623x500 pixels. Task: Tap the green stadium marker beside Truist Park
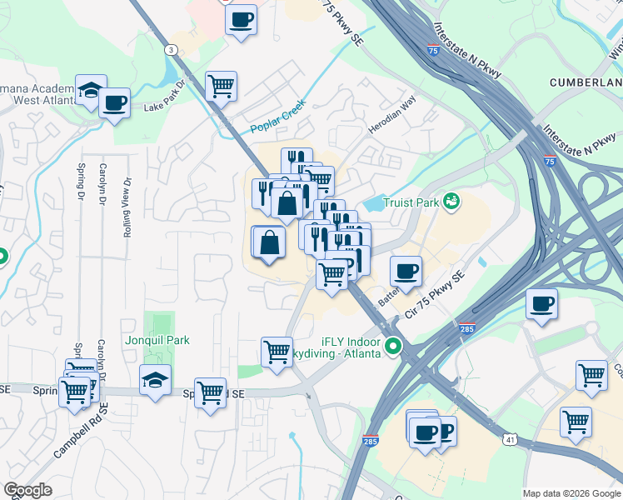(451, 200)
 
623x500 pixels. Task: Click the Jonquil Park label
(157, 340)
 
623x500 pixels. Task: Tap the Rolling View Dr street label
(127, 207)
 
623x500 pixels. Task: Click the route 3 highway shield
(171, 50)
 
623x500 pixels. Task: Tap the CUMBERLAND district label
(586, 82)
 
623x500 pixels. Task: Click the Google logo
(28, 490)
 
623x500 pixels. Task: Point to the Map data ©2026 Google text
(571, 493)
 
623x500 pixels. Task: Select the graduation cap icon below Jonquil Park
(155, 380)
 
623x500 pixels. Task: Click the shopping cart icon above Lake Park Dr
(221, 85)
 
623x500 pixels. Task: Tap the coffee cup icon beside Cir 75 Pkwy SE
(406, 271)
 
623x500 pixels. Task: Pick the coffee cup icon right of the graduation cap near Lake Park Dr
(115, 103)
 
